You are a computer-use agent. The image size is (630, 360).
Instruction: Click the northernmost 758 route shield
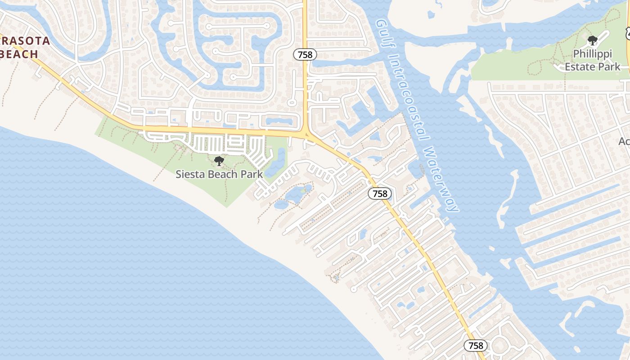click(305, 54)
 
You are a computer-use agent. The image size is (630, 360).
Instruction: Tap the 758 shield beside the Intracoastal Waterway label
click(380, 193)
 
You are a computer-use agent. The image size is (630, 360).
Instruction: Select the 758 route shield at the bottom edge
click(475, 345)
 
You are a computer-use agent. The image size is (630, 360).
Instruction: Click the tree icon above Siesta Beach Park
click(219, 161)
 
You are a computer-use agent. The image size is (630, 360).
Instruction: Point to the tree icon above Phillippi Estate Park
click(592, 40)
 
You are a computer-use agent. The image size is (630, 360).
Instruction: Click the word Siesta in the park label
click(189, 174)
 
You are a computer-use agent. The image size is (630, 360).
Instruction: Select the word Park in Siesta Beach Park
click(252, 174)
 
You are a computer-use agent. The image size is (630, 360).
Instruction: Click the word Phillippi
click(593, 54)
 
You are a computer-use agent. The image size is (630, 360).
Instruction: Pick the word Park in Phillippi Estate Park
click(609, 67)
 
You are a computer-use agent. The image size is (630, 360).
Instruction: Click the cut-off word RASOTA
click(25, 41)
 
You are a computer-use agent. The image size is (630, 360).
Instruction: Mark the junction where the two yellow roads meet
click(306, 134)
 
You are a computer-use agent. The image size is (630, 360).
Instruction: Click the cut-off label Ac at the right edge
click(624, 141)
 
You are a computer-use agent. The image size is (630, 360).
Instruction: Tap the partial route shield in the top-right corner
click(627, 32)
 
